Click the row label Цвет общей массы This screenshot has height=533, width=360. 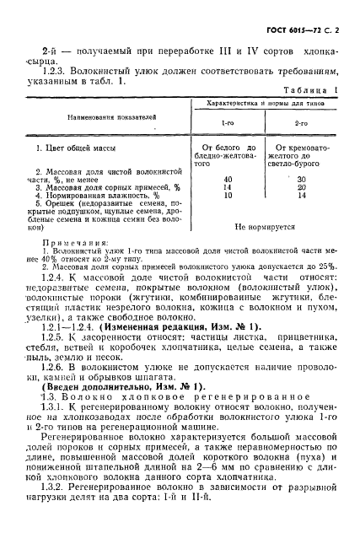(x=73, y=148)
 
